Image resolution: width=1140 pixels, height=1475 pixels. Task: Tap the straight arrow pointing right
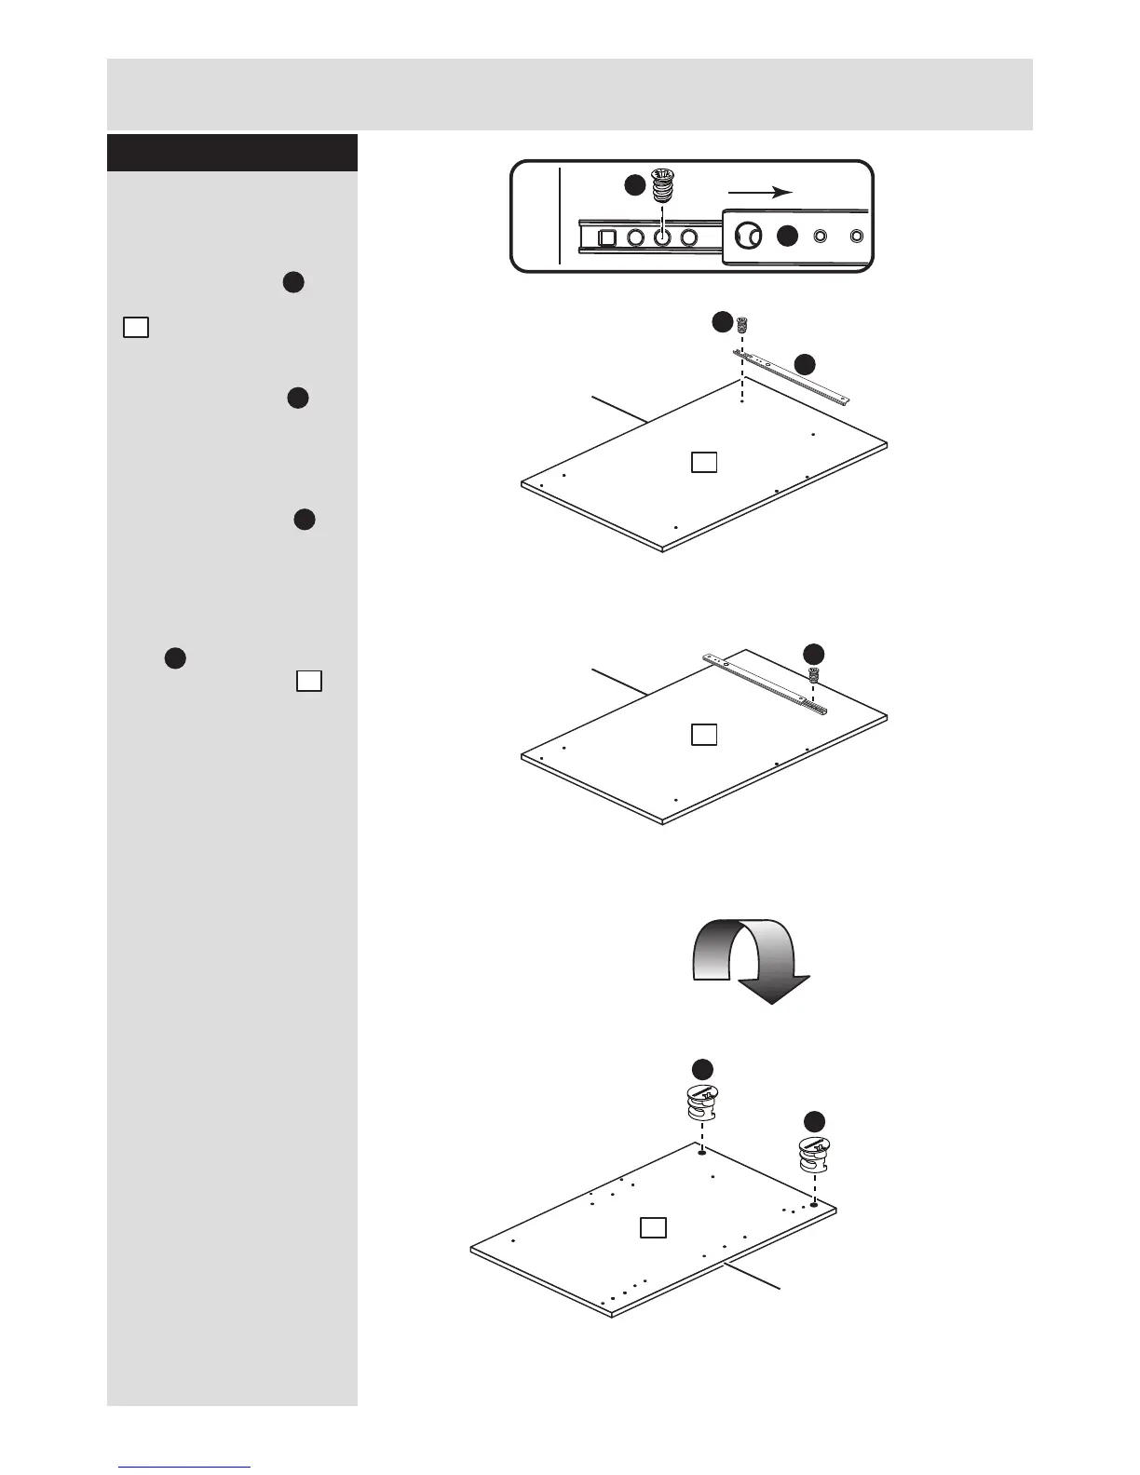[x=759, y=192]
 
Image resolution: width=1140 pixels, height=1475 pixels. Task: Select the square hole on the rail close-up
[x=606, y=237]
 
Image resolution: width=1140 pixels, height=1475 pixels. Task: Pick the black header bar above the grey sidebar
[x=232, y=153]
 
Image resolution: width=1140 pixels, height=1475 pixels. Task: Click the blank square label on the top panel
[x=704, y=462]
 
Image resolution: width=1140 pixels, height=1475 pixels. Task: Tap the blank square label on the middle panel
[x=704, y=735]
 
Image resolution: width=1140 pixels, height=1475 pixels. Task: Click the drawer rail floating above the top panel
[x=792, y=379]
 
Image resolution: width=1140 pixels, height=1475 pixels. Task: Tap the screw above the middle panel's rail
[x=813, y=675]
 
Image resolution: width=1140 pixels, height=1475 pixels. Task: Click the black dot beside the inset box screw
[x=634, y=186]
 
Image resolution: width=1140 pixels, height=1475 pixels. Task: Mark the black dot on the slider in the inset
[x=787, y=237]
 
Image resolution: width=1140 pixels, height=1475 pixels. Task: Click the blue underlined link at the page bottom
[x=185, y=1468]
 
